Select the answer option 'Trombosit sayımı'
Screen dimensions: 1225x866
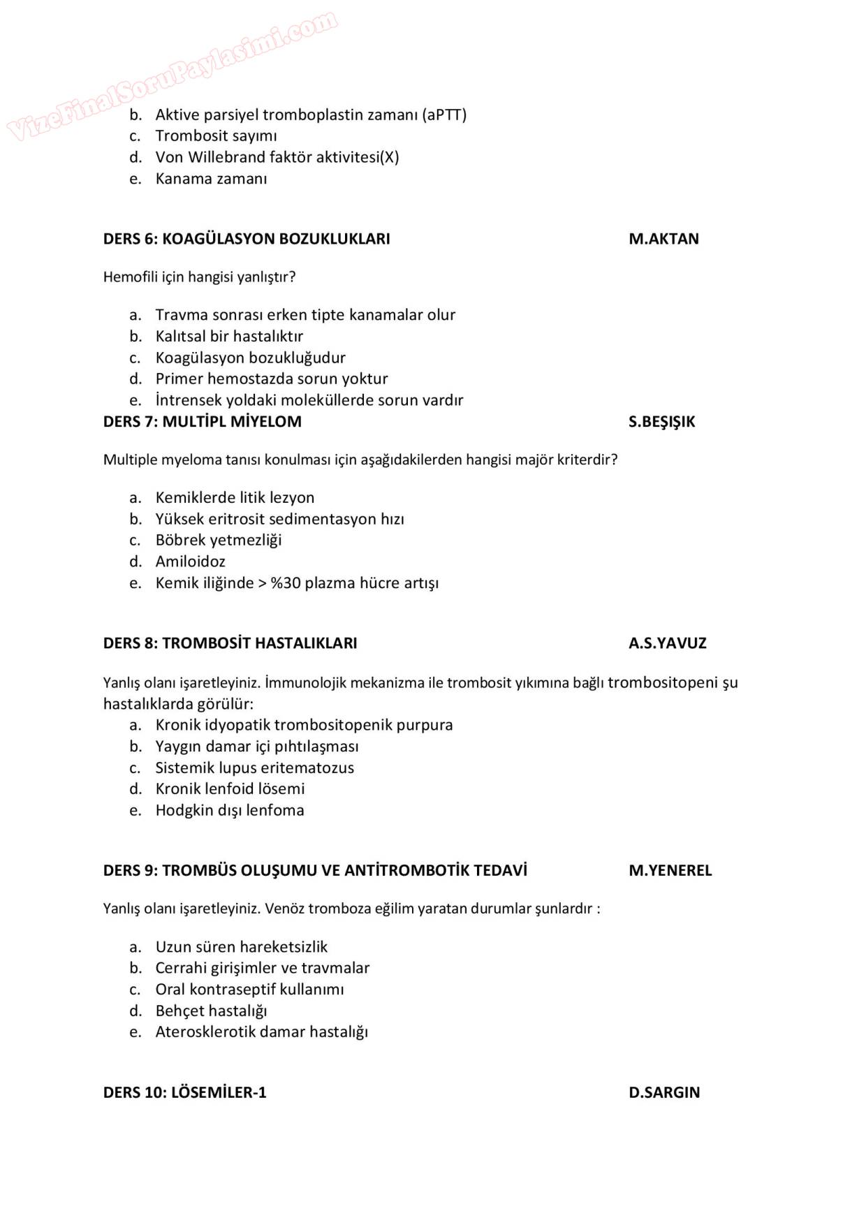coord(216,136)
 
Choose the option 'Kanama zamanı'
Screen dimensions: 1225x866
coord(211,179)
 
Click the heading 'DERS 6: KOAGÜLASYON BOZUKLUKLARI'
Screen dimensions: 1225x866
coord(247,239)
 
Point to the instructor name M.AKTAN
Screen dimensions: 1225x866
coord(663,239)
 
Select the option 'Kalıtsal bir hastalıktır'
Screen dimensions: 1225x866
coord(229,337)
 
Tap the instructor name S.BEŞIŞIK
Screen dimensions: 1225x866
coord(661,422)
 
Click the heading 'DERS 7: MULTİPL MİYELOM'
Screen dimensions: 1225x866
coord(203,422)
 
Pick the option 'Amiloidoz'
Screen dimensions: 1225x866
coord(190,562)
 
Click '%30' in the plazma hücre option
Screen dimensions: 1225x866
coord(285,583)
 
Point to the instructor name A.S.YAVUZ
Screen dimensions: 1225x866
coord(667,643)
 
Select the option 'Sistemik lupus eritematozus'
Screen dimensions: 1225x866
coord(254,768)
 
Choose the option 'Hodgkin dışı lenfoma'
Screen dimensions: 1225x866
coord(230,811)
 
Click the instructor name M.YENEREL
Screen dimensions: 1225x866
coord(670,871)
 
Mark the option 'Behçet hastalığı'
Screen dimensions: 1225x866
coord(211,1011)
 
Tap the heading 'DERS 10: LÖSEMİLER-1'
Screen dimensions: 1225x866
coord(185,1093)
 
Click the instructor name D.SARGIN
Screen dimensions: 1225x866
coord(664,1093)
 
